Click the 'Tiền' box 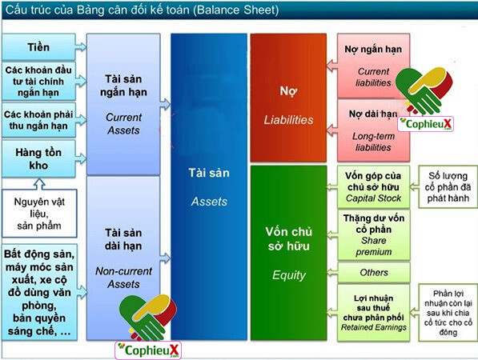click(38, 46)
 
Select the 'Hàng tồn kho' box click(38, 158)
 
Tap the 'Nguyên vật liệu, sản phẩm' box click(39, 213)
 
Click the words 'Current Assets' click(124, 124)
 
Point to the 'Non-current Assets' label click(124, 278)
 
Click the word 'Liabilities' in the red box click(288, 120)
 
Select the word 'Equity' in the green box click(289, 275)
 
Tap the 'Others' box click(374, 273)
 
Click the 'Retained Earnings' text click(374, 327)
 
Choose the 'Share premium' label click(374, 246)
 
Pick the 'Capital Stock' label click(373, 198)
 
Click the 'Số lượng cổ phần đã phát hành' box click(448, 186)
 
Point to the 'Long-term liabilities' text click(373, 142)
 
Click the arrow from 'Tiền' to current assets click(81, 46)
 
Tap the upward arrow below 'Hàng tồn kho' click(39, 184)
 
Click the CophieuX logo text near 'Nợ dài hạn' click(426, 124)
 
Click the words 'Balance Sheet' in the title click(236, 10)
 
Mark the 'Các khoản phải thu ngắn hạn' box click(38, 120)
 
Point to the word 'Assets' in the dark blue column click(209, 202)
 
